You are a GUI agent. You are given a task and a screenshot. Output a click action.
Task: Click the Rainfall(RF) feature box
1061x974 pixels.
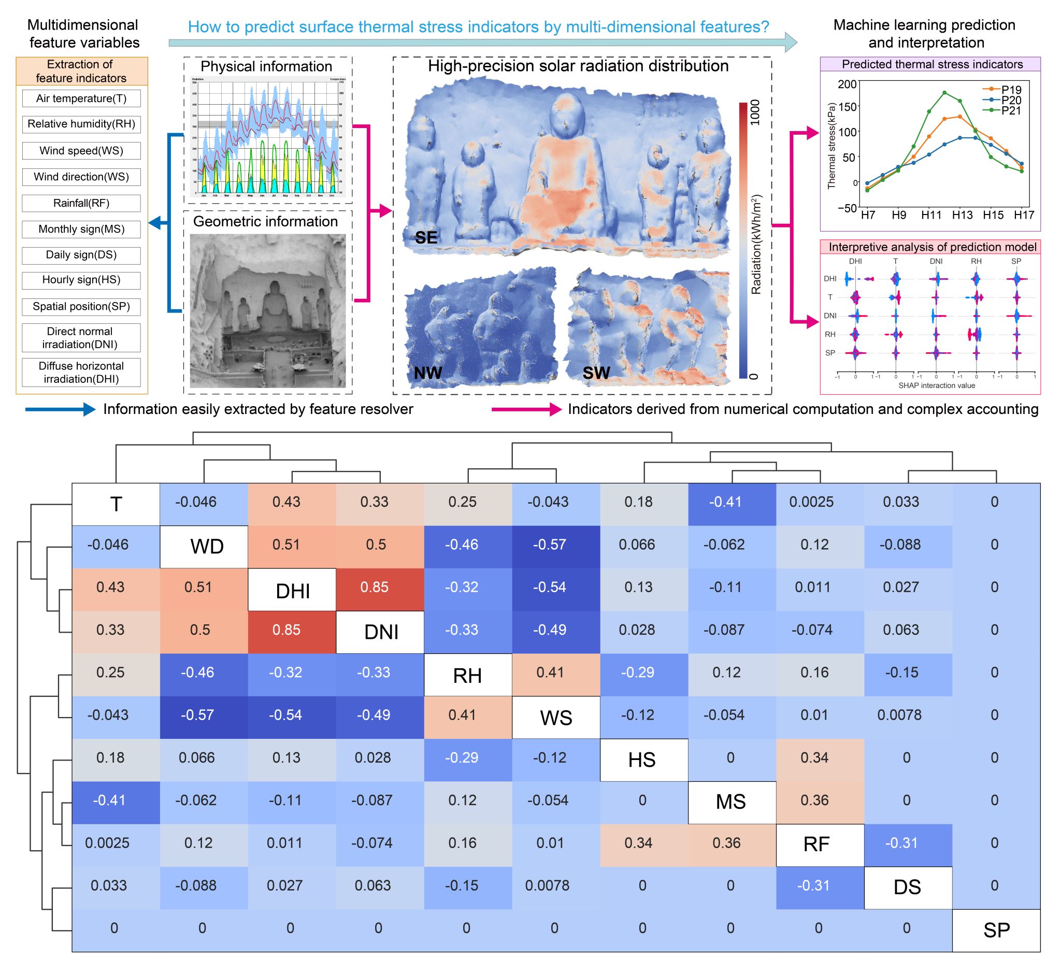click(x=81, y=204)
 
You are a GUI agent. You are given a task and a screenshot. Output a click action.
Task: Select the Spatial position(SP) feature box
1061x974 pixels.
click(x=81, y=307)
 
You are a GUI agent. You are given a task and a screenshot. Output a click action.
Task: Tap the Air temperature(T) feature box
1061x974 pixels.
click(x=81, y=98)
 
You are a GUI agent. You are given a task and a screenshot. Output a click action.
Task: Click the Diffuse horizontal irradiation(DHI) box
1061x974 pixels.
click(x=81, y=373)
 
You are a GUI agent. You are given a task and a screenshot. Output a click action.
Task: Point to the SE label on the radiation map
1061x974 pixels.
click(x=426, y=238)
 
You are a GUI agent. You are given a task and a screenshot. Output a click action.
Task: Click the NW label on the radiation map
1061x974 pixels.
click(x=427, y=373)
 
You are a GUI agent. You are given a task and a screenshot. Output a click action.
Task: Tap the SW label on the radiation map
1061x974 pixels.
click(x=596, y=373)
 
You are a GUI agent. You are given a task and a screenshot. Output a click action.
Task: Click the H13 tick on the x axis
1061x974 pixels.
click(x=962, y=215)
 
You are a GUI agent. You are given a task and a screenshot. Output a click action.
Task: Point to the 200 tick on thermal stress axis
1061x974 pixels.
click(x=848, y=84)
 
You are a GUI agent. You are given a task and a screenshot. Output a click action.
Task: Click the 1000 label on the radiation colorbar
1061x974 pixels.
click(x=755, y=112)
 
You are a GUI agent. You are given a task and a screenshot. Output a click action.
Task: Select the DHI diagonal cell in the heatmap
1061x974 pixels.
click(x=292, y=590)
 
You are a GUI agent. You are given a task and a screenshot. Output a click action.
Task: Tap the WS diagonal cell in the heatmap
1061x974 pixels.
click(x=555, y=718)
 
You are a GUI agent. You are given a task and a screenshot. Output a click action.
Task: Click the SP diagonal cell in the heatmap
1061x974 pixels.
click(x=996, y=930)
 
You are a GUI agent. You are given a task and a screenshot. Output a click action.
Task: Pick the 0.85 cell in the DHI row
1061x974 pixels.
click(x=374, y=587)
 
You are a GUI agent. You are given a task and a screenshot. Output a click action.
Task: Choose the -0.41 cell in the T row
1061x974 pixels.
click(x=725, y=502)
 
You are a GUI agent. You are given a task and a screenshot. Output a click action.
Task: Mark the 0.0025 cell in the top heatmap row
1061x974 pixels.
click(x=811, y=502)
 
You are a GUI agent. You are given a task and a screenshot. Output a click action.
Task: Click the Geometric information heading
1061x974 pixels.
click(x=266, y=221)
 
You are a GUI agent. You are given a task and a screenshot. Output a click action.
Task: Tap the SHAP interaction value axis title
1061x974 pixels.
click(x=937, y=385)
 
